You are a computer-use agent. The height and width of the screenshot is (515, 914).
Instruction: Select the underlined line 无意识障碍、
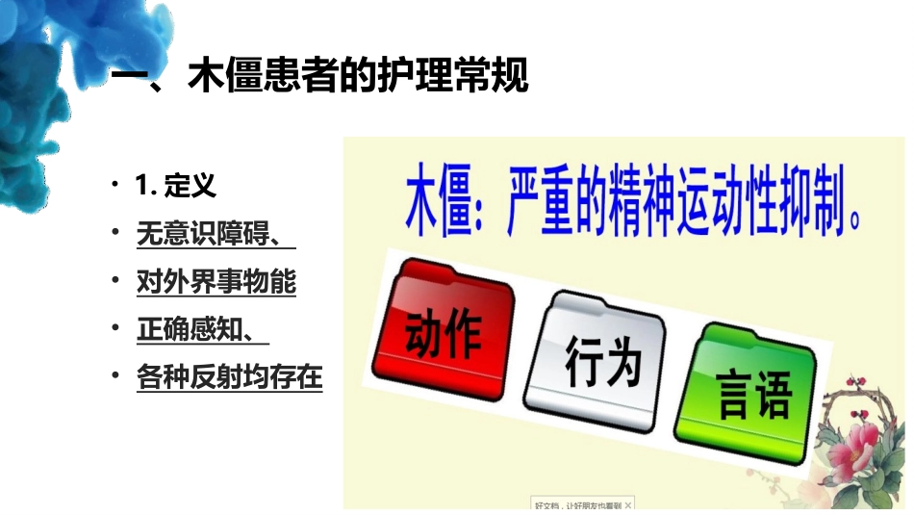click(x=216, y=235)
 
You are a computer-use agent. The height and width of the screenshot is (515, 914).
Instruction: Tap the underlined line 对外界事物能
click(x=216, y=282)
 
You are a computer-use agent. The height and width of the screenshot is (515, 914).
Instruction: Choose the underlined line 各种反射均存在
click(x=230, y=377)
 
